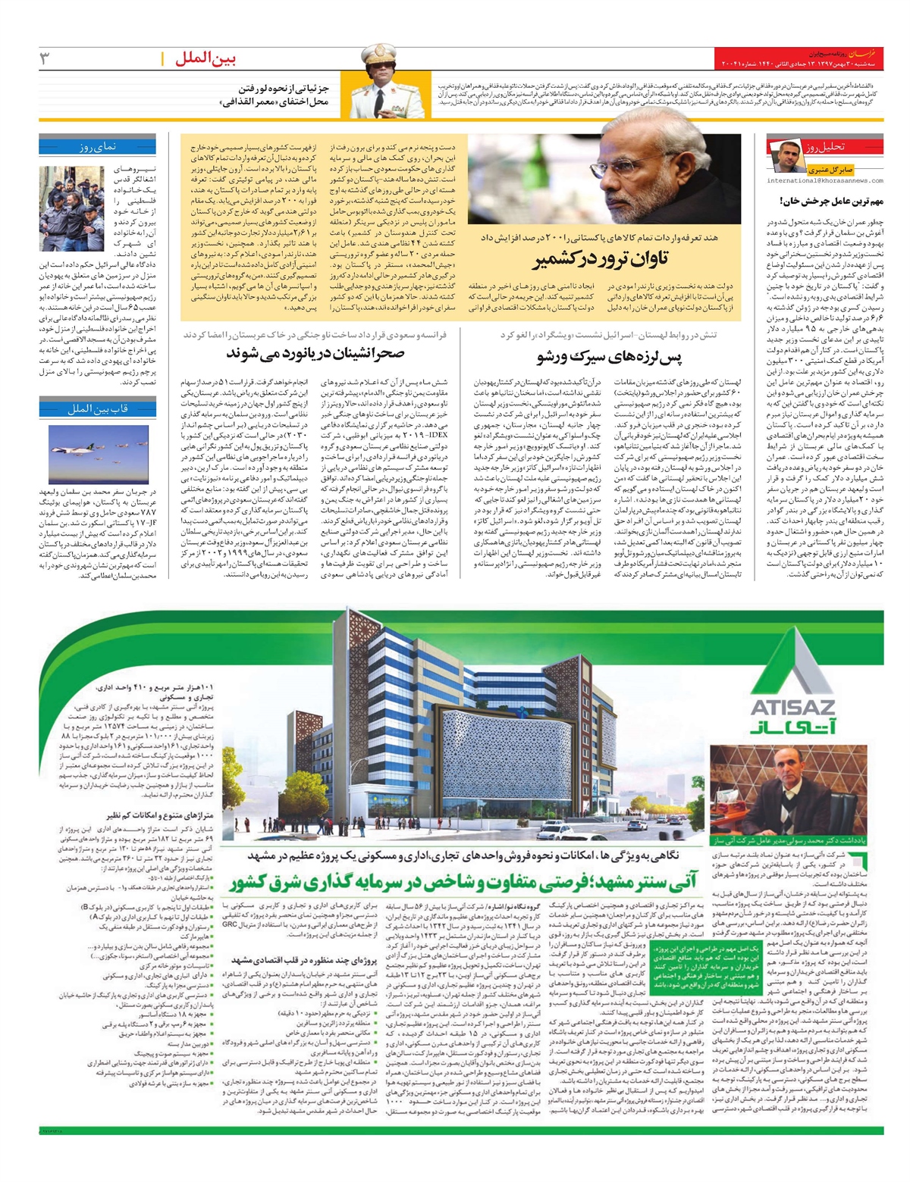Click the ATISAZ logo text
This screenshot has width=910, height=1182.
[x=792, y=707]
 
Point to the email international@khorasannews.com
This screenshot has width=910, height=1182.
[x=824, y=181]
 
